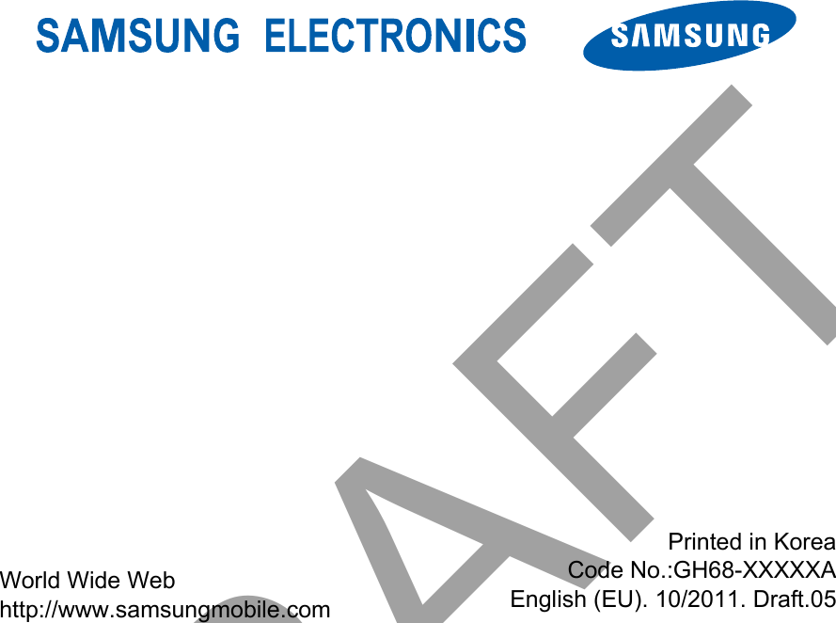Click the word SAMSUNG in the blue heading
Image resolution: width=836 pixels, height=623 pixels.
tap(137, 37)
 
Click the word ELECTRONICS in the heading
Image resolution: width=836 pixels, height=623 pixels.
tap(395, 37)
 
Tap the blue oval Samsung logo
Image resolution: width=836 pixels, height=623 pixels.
tap(689, 36)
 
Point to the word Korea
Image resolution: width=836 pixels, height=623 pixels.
tap(804, 542)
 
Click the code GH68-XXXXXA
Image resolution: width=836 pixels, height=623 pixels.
tap(755, 570)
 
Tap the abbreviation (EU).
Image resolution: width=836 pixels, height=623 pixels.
tap(612, 599)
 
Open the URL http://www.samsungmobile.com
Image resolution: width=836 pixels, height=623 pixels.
tap(166, 609)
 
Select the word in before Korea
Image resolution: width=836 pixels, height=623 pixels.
tap(756, 542)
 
